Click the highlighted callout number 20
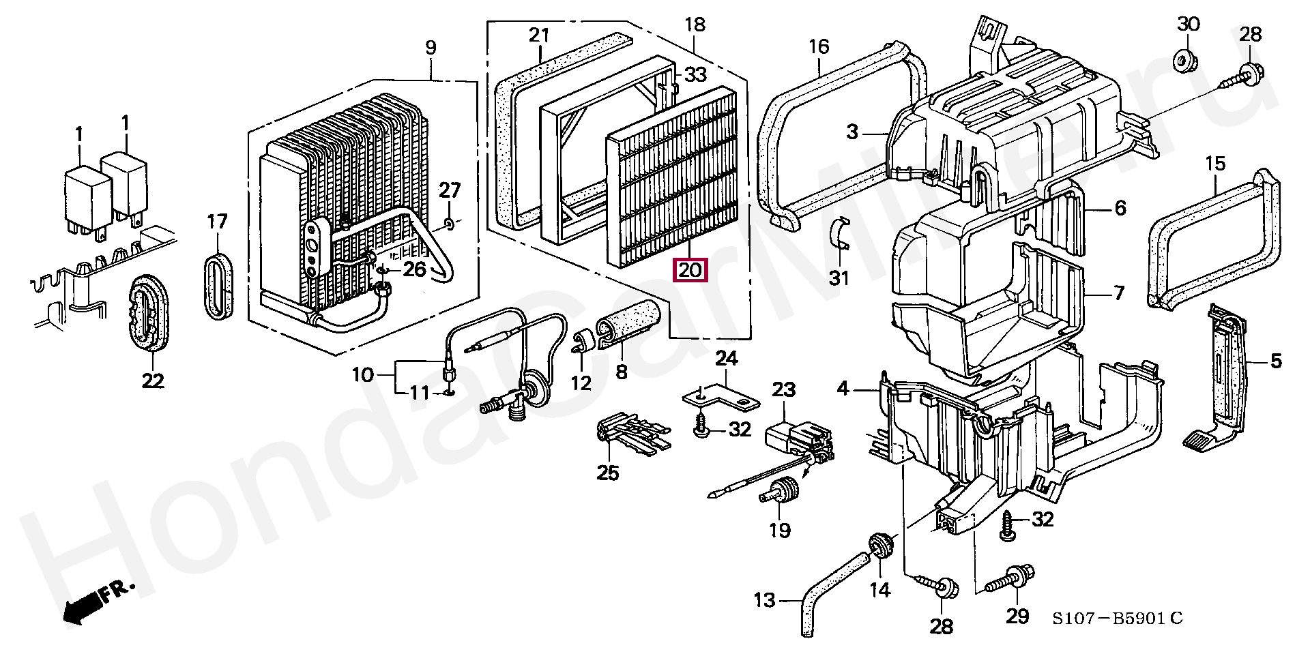point(690,270)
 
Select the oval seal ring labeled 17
point(218,285)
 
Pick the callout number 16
point(818,46)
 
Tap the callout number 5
point(1276,361)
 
